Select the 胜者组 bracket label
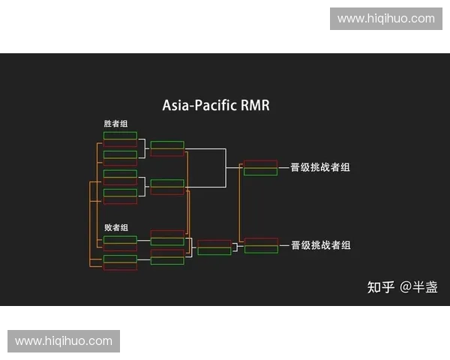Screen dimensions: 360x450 click(x=115, y=124)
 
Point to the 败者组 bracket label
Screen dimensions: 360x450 click(x=116, y=227)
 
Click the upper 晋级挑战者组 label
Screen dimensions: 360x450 click(x=320, y=167)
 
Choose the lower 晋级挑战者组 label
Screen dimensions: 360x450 click(x=320, y=245)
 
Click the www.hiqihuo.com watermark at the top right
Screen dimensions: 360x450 click(x=386, y=18)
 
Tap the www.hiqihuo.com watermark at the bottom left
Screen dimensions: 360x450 click(x=63, y=341)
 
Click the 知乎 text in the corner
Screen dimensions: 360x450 click(x=379, y=286)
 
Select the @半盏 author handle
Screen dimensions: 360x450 click(x=418, y=286)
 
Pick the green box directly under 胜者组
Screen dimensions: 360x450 click(x=120, y=136)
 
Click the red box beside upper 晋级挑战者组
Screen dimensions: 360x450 click(x=260, y=163)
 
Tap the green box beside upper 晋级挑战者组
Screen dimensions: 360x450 click(x=260, y=171)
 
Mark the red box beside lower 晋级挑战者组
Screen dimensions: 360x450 click(x=260, y=241)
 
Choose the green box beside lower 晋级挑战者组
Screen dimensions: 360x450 click(x=260, y=249)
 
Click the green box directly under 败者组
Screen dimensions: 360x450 click(x=120, y=239)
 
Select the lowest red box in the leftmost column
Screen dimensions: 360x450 click(x=120, y=266)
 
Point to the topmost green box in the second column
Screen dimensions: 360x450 click(x=166, y=145)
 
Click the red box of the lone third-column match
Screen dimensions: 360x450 click(x=214, y=243)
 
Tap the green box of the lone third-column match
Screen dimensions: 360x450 click(x=214, y=250)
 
